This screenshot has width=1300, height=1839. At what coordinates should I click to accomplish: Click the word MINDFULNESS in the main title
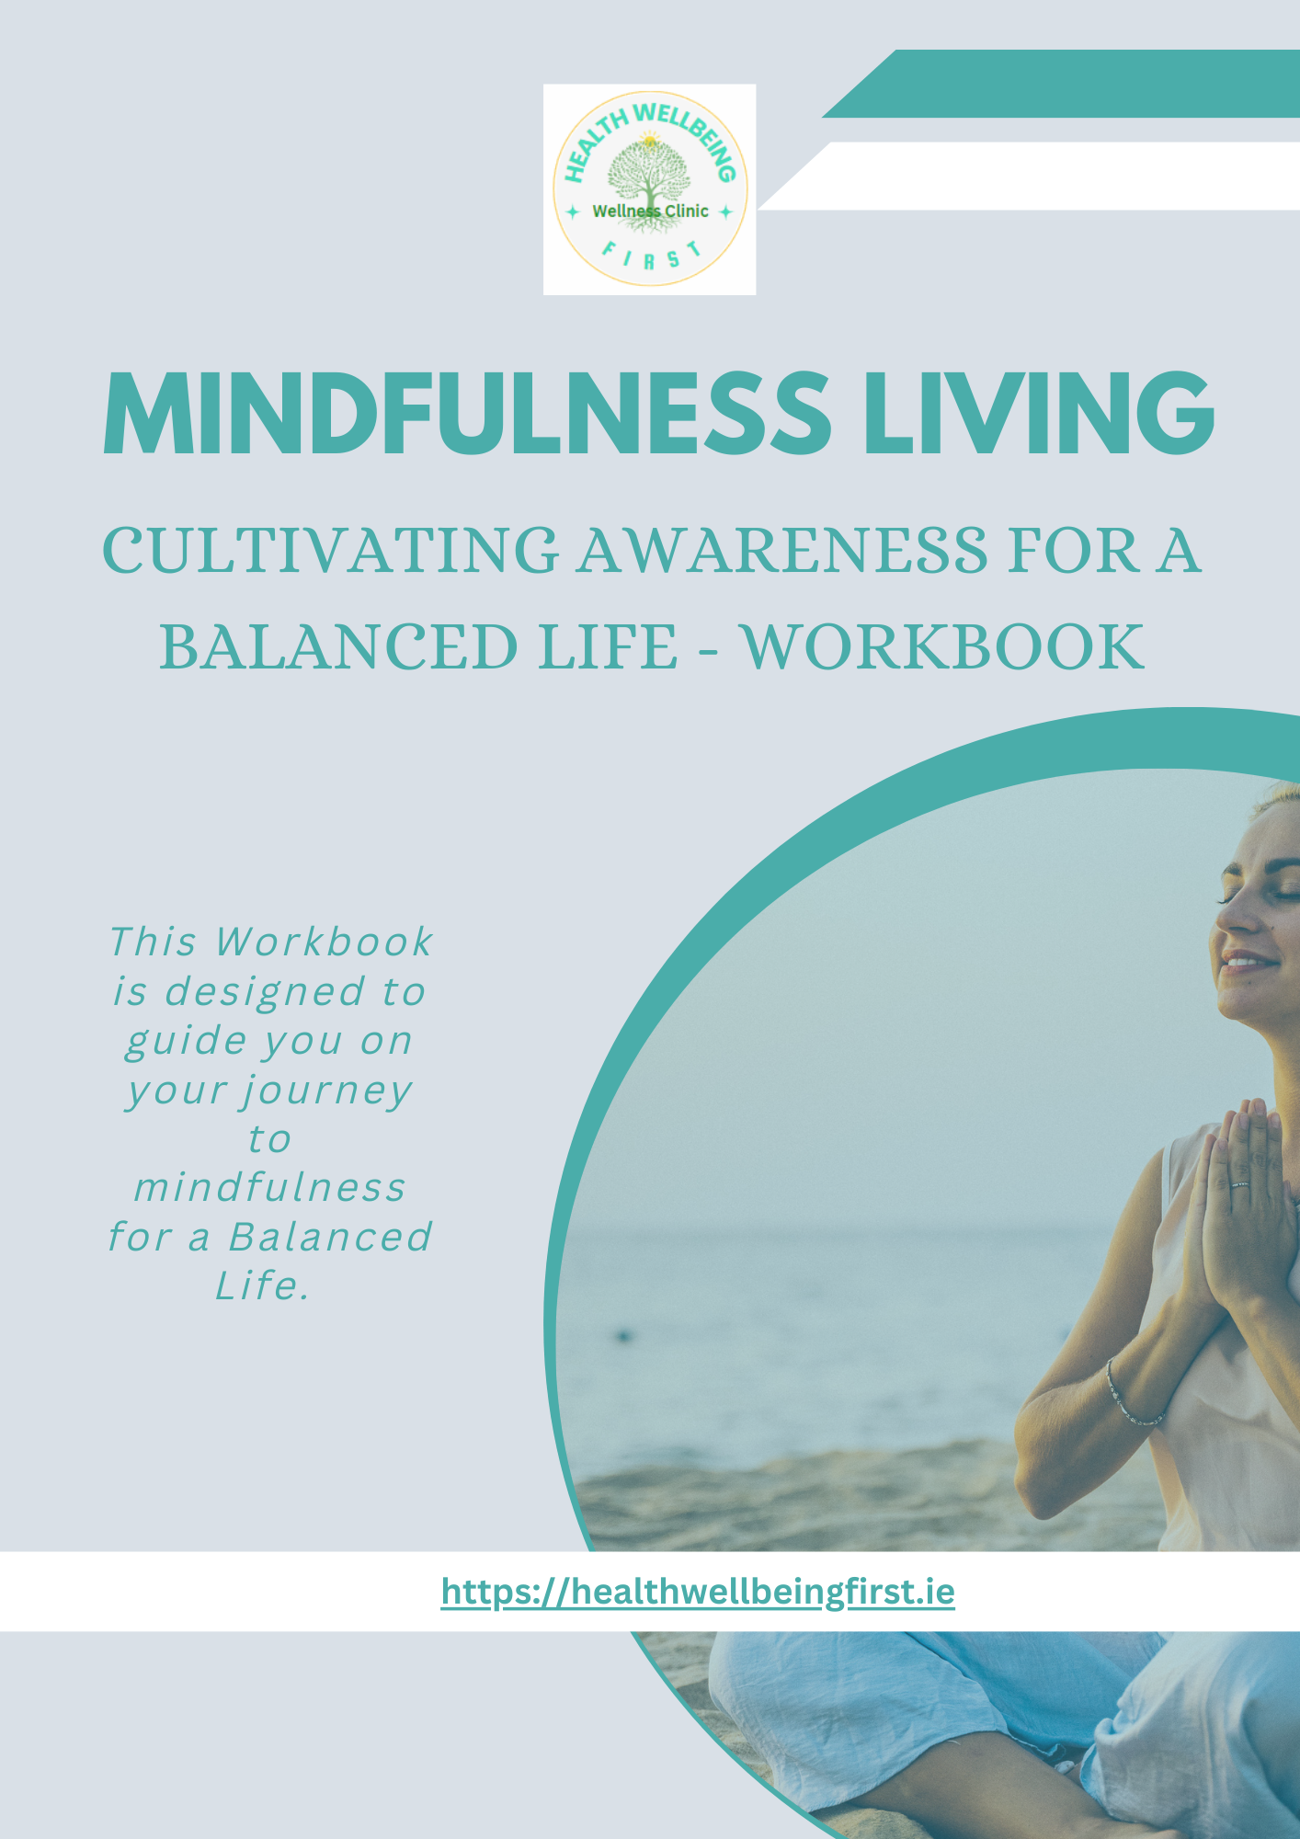pyautogui.click(x=467, y=413)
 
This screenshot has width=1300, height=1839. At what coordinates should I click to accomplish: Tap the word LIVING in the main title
pyautogui.click(x=1040, y=413)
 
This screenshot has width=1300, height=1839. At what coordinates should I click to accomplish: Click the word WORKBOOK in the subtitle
pyautogui.click(x=943, y=646)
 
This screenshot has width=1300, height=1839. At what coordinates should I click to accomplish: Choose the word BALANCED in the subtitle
pyautogui.click(x=339, y=646)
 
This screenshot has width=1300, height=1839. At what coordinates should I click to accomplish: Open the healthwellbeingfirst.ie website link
pyautogui.click(x=698, y=1592)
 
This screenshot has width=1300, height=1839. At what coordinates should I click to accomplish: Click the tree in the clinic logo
pyautogui.click(x=650, y=175)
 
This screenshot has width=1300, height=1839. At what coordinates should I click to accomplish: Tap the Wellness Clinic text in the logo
pyautogui.click(x=650, y=211)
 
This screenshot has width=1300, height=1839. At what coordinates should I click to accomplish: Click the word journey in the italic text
pyautogui.click(x=326, y=1091)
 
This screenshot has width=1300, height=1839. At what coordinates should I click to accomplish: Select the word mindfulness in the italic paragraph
pyautogui.click(x=269, y=1188)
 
